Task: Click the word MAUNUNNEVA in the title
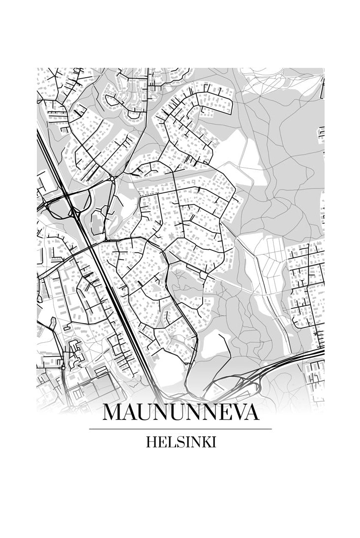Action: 180,412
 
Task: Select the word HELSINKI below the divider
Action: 180,442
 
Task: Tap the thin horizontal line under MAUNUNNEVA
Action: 180,429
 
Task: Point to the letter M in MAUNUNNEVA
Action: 114,412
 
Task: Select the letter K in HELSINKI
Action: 202,442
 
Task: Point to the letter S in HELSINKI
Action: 177,442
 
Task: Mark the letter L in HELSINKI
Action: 169,442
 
